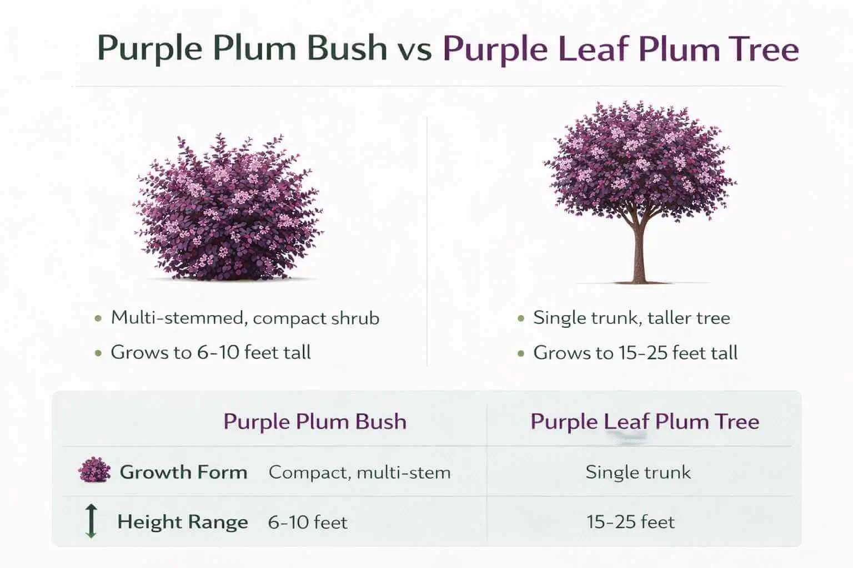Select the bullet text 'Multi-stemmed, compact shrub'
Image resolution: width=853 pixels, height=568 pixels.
point(245,318)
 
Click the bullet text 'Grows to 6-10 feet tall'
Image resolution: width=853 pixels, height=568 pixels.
point(210,353)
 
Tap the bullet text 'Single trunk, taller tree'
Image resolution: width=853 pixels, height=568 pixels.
point(631,318)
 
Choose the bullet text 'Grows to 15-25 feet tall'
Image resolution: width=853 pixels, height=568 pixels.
point(635,353)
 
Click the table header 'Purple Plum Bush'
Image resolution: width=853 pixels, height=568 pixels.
point(315,422)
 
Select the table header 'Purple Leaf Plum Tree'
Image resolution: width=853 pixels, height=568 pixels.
point(645,422)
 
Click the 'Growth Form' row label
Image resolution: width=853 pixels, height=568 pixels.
point(183,472)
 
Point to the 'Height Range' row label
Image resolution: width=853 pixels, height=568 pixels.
point(182,522)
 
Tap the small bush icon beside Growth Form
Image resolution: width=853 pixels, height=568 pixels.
point(93,471)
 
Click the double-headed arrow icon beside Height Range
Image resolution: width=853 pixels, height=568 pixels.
point(92,521)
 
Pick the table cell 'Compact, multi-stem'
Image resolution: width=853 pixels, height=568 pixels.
point(359,473)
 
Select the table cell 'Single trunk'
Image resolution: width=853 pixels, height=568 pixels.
point(638,473)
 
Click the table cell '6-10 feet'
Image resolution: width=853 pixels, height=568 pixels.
point(308,523)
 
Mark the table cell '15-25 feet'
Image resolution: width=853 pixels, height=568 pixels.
point(631,523)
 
